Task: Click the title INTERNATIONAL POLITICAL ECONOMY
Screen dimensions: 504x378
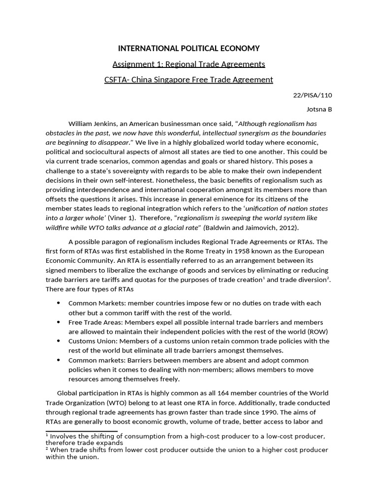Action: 189,48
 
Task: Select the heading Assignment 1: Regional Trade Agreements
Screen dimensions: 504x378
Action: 189,64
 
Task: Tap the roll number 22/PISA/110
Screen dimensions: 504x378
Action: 315,95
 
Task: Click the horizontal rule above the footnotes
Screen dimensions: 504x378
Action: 81,431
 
